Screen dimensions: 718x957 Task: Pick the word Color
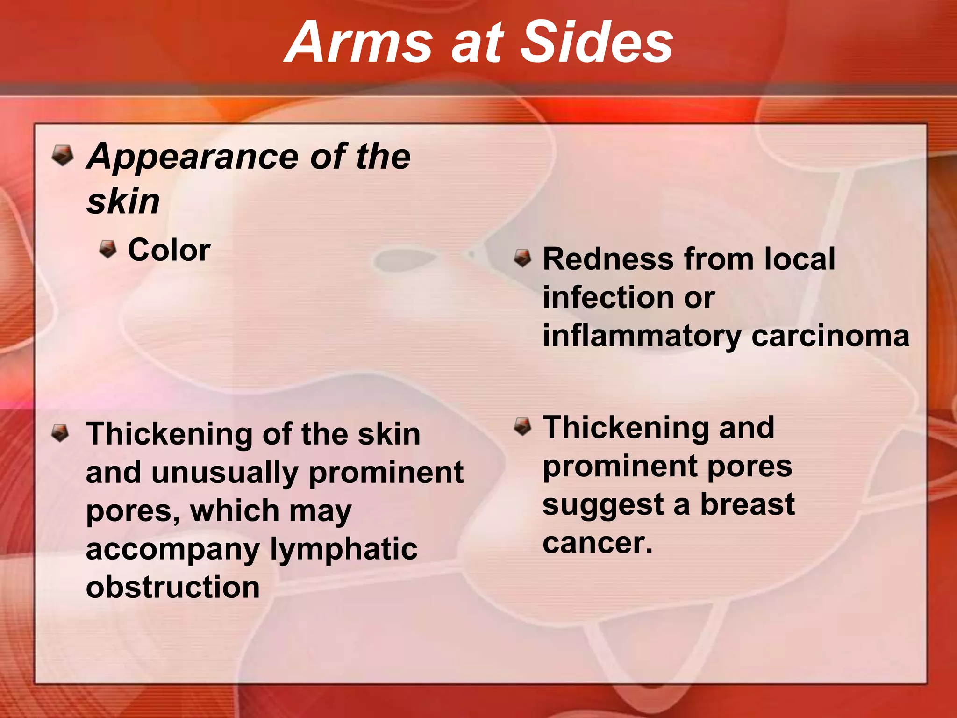point(169,250)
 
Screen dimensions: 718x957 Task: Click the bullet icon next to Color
point(108,249)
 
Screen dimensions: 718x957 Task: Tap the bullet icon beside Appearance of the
point(63,155)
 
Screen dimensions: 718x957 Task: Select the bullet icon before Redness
point(522,258)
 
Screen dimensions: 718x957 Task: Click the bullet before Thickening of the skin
point(60,432)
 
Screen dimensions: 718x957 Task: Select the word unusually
point(224,473)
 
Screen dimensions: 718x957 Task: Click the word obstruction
point(173,587)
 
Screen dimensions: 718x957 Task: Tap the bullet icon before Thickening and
point(522,426)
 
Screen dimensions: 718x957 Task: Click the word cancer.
point(597,543)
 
